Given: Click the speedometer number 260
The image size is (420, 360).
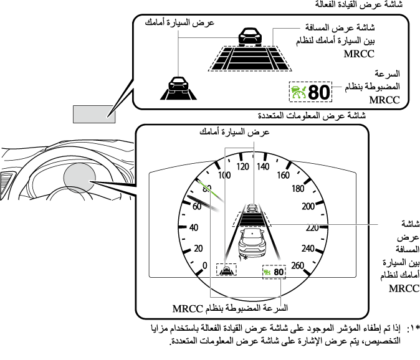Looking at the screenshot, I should point(297,265).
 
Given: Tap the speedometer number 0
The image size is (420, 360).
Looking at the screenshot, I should point(205,265).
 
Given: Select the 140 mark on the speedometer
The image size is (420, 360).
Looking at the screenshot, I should point(262,166).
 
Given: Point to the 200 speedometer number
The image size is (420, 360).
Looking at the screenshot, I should point(308,207).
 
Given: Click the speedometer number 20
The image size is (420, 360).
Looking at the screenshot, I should point(199,249).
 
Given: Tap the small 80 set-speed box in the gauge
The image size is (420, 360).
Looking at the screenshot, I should point(274,272).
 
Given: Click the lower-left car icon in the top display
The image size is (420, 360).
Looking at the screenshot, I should point(177,85).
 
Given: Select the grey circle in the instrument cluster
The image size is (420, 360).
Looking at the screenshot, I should point(77,181).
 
